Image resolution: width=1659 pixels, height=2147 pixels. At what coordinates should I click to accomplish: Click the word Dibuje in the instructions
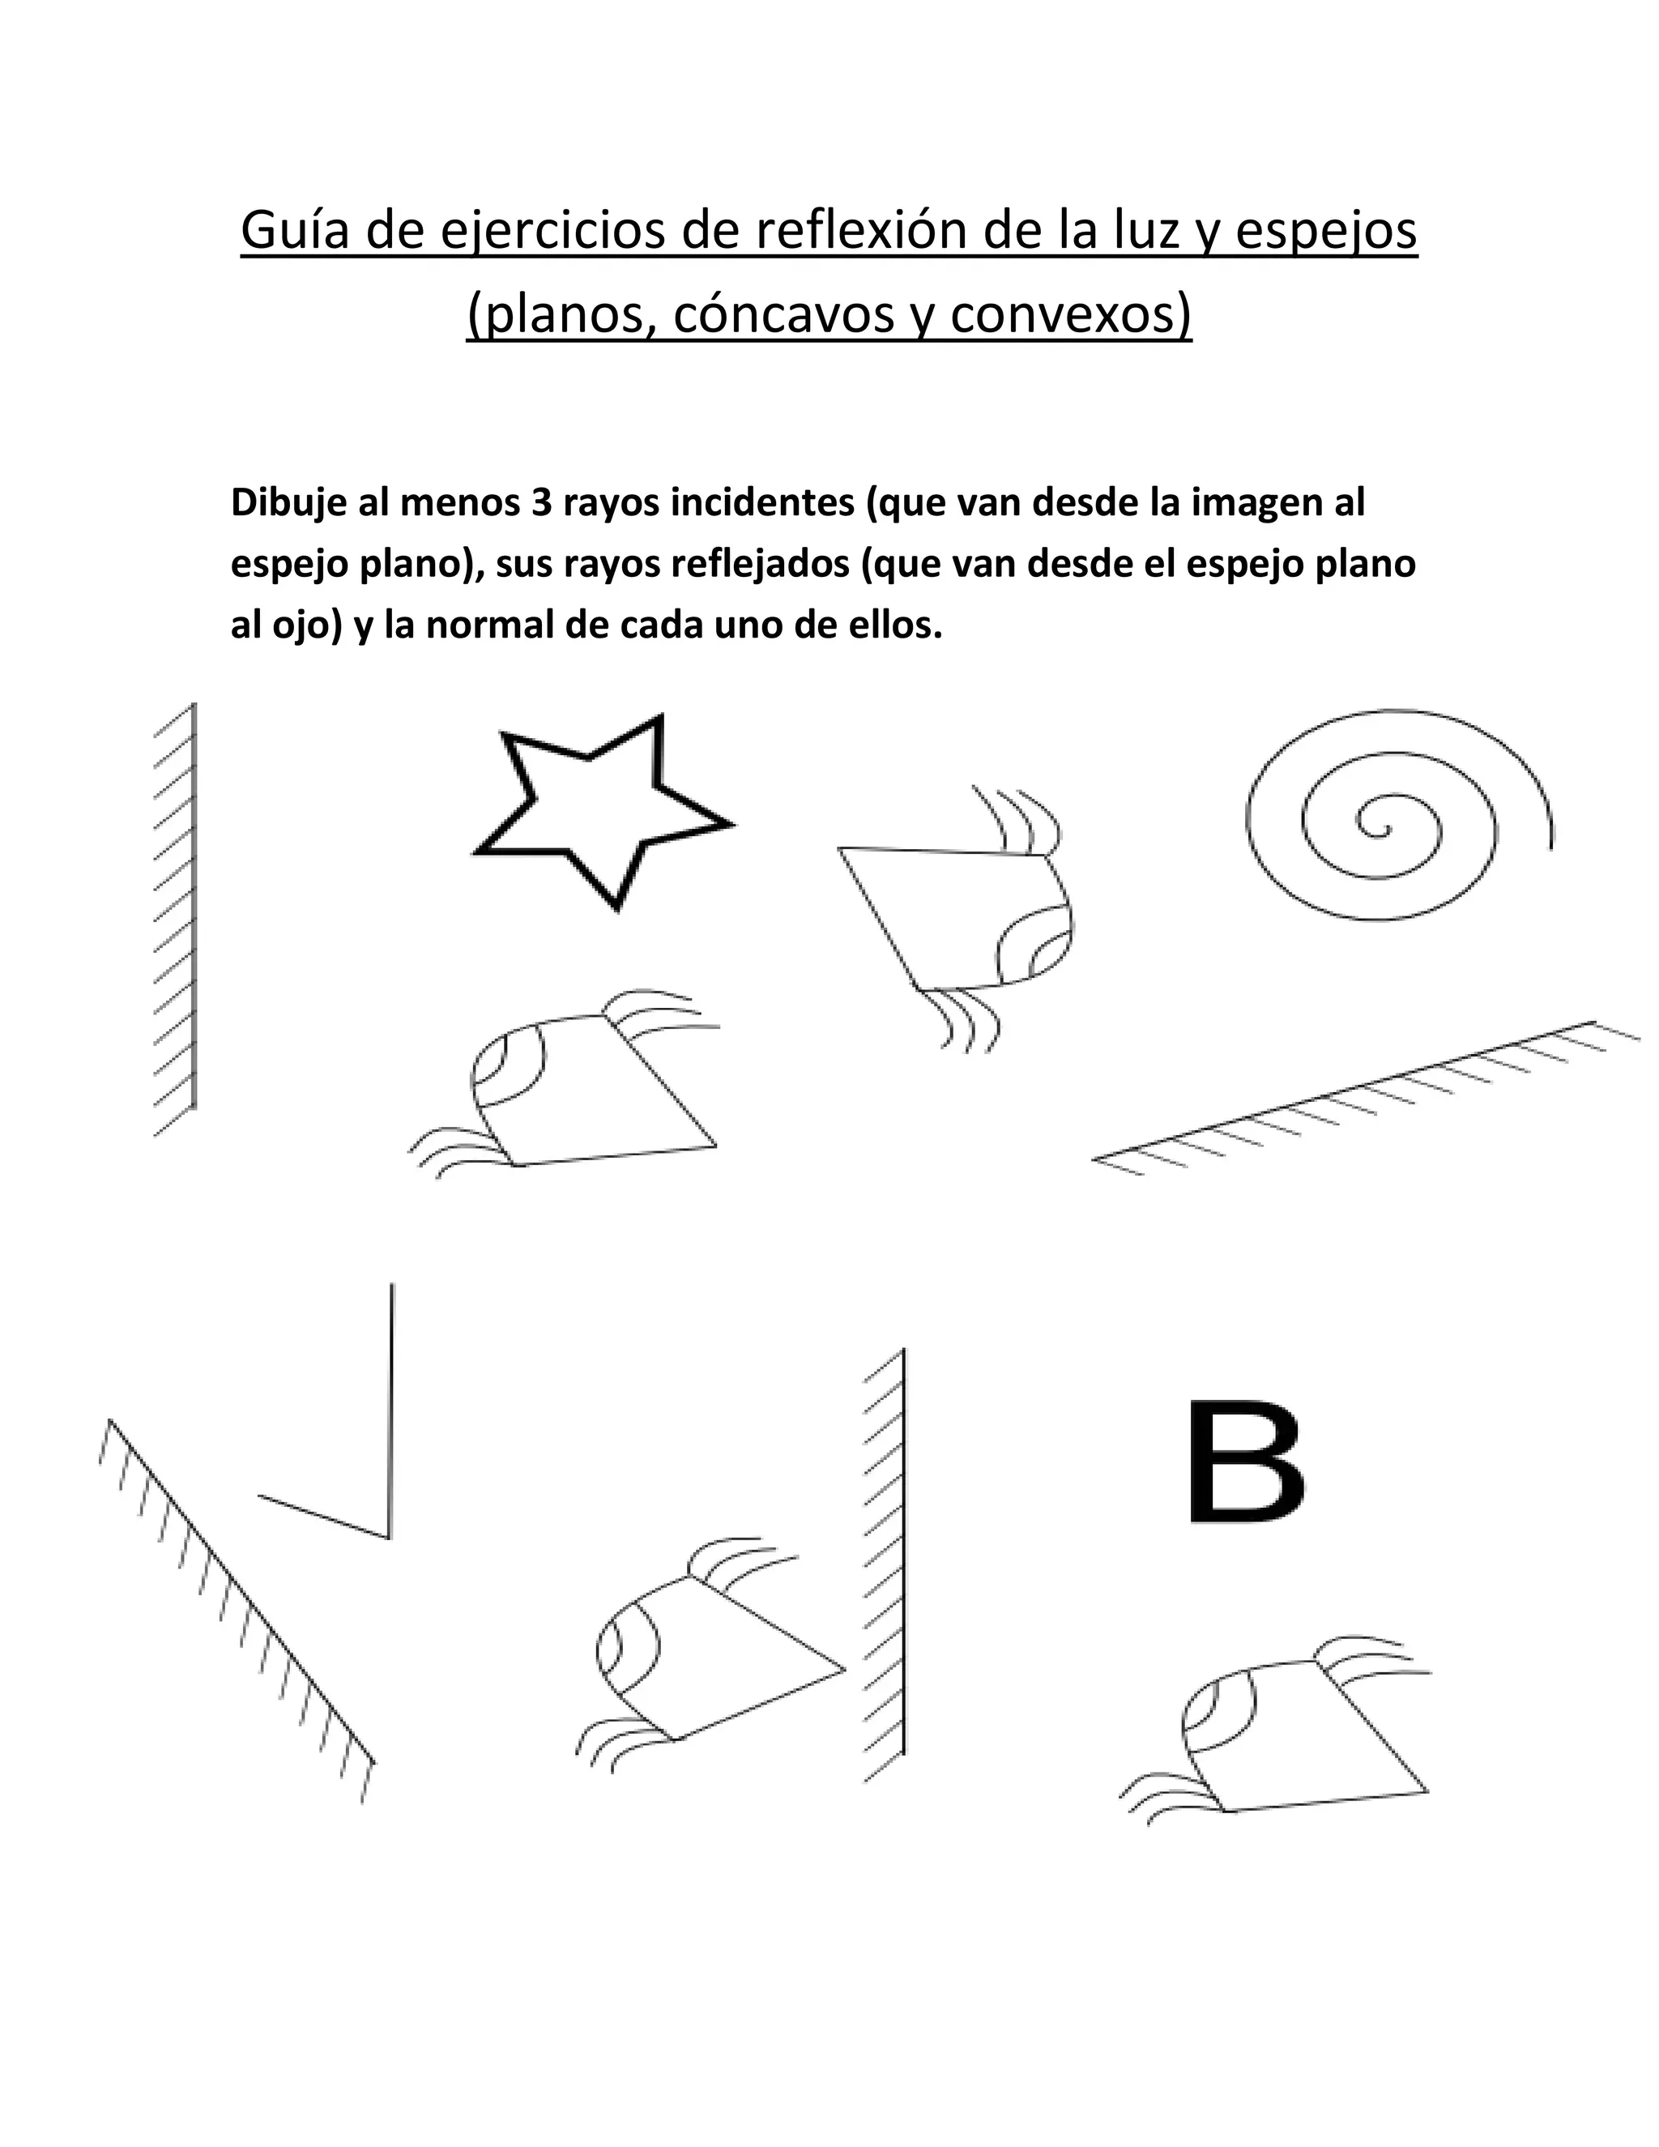(279, 503)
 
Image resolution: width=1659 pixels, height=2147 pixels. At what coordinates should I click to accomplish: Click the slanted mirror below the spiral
(1366, 1098)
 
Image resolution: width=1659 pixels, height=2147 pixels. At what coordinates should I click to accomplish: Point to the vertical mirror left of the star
(193, 904)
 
